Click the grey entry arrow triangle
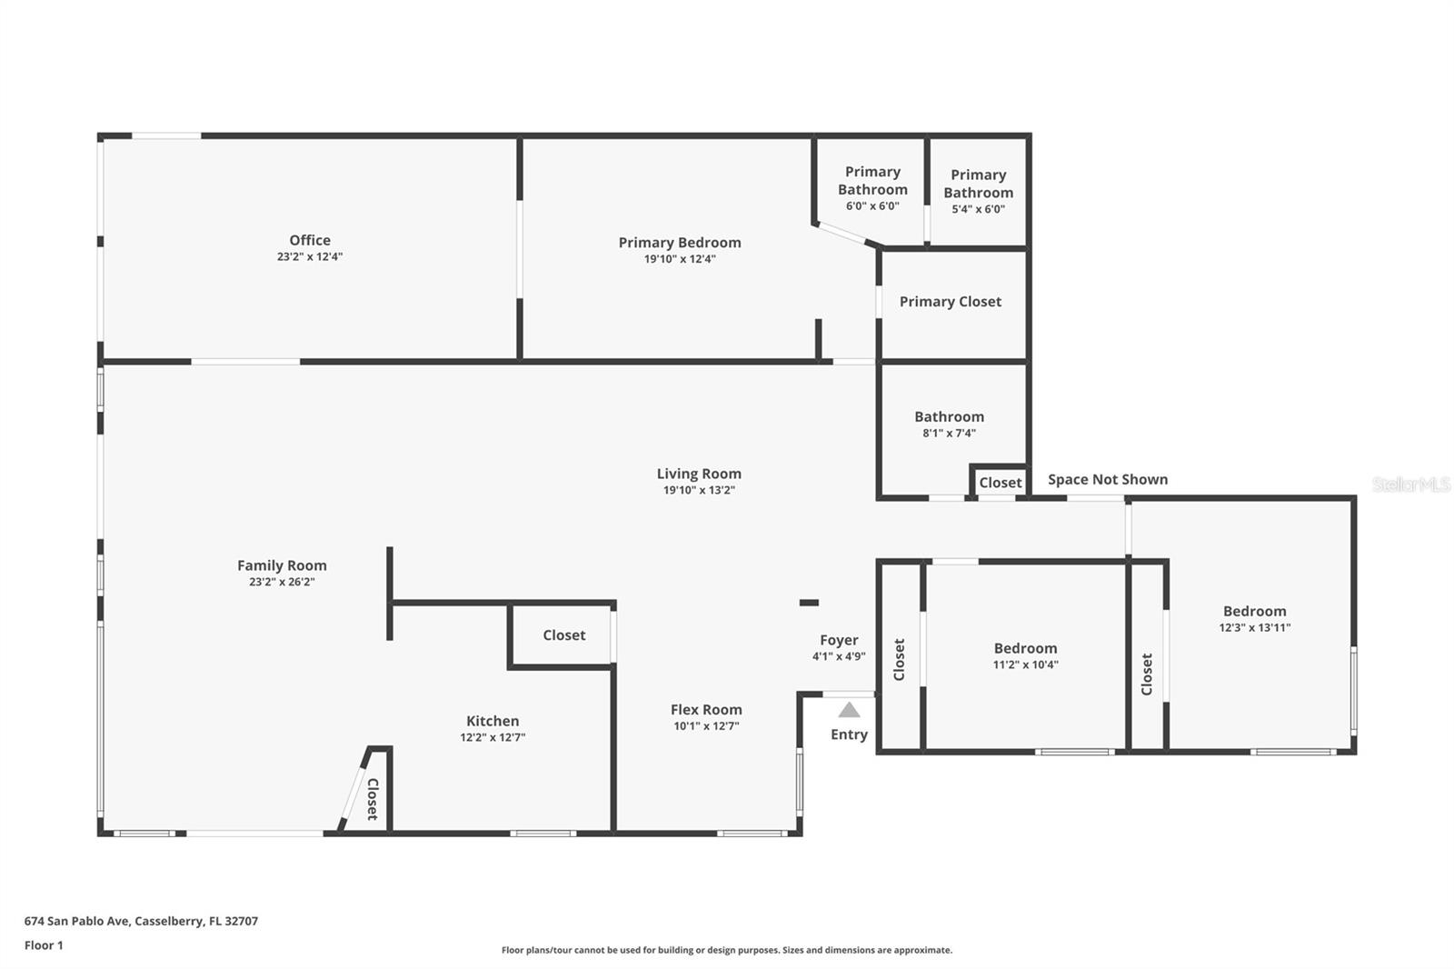[x=849, y=710]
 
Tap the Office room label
[x=310, y=240]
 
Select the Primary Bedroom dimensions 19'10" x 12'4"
[x=680, y=259]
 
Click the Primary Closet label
[x=951, y=302]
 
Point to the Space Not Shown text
[x=1107, y=479]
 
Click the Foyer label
[x=839, y=640]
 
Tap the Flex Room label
[x=706, y=710]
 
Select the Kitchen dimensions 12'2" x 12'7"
[x=493, y=737]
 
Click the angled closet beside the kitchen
[x=372, y=798]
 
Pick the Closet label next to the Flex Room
[x=563, y=635]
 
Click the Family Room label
[x=282, y=565]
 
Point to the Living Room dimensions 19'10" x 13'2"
[x=698, y=490]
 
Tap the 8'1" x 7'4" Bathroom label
[x=949, y=417]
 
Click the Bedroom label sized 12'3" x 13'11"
[x=1254, y=612]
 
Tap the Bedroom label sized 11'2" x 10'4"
[x=1025, y=649]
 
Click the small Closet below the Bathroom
[x=1000, y=483]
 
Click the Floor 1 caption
[x=44, y=945]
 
